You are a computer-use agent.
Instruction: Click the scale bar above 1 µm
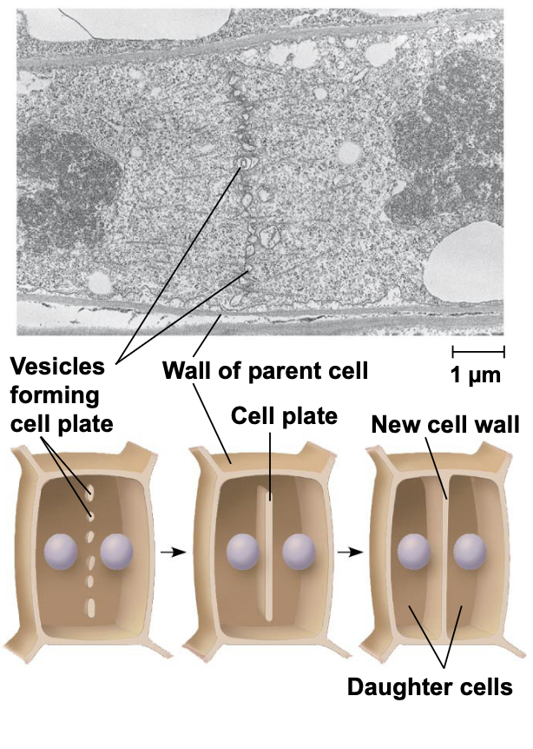pos(478,352)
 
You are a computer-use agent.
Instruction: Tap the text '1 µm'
pos(478,374)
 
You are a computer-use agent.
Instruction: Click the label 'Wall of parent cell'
pos(266,371)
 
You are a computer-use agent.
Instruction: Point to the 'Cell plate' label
pos(284,416)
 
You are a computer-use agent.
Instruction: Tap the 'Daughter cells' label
pos(430,687)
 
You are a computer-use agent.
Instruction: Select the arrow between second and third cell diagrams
pos(349,552)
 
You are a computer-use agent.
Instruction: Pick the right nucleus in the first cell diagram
pos(117,552)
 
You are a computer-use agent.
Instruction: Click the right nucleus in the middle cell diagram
pos(299,552)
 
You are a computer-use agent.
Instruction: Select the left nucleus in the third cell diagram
pos(414,552)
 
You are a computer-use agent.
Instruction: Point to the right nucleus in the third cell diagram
pos(470,552)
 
